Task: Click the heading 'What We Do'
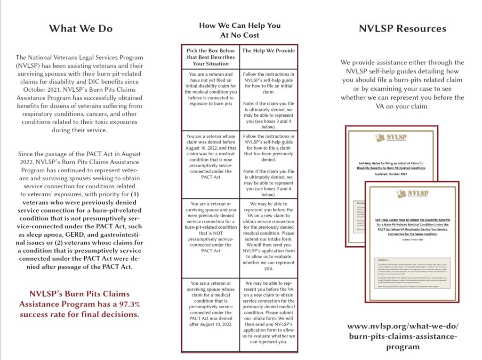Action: click(x=80, y=28)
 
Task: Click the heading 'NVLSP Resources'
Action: click(x=402, y=28)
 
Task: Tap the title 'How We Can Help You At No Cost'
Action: click(x=240, y=30)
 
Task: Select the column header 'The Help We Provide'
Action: click(x=268, y=51)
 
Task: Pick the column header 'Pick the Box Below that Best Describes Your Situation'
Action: click(x=210, y=57)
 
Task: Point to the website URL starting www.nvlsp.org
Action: click(x=402, y=336)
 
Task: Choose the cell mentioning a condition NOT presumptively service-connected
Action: click(x=210, y=227)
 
